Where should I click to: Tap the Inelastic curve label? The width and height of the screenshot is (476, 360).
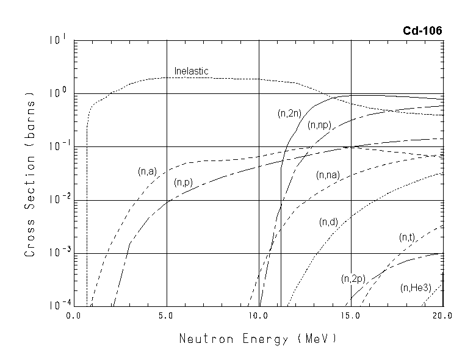point(191,71)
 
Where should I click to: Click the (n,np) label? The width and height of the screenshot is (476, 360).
point(319,125)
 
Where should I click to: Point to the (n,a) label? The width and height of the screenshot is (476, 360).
point(148,171)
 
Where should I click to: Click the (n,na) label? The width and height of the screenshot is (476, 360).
point(328,175)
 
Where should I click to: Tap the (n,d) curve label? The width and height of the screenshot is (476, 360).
point(328,222)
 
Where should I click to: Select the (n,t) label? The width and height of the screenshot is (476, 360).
point(407,237)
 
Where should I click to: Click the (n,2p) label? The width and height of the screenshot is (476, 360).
point(353,279)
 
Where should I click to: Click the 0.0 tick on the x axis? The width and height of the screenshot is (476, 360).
point(74,316)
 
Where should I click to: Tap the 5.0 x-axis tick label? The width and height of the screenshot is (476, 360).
point(167,316)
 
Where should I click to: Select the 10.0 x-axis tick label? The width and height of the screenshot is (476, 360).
point(258,316)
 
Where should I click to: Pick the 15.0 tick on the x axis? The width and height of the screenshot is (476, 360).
point(351,316)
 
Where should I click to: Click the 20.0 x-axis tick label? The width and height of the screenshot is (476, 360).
point(442,316)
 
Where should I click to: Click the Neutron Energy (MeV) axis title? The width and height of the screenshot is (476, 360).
point(258,337)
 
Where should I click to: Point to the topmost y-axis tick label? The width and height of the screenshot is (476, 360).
point(59,40)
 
